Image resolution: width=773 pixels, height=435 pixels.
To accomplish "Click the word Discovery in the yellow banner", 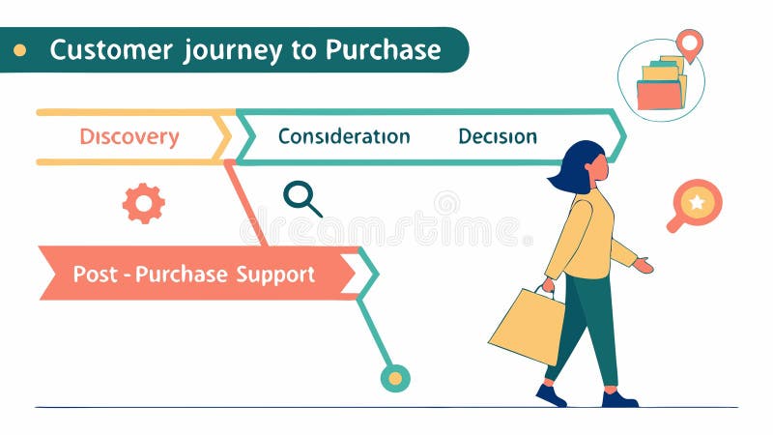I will (129, 137).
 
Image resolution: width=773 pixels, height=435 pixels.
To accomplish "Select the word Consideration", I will (344, 136).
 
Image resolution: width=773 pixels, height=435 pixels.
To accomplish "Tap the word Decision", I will (498, 136).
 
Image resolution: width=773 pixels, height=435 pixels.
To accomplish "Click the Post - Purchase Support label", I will (194, 275).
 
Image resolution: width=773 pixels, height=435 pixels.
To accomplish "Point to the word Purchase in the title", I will (384, 49).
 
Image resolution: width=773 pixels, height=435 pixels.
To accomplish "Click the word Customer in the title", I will (110, 49).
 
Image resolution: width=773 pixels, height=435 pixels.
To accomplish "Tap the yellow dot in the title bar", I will (20, 49).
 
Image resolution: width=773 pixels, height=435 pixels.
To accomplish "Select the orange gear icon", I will (143, 203).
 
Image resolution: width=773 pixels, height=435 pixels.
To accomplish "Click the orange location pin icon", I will (689, 43).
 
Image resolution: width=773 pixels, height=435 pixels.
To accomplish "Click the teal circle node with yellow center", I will (395, 378).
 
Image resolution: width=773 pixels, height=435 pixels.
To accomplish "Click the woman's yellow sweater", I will (586, 232).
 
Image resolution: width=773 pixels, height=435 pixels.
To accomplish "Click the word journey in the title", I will (231, 49).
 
